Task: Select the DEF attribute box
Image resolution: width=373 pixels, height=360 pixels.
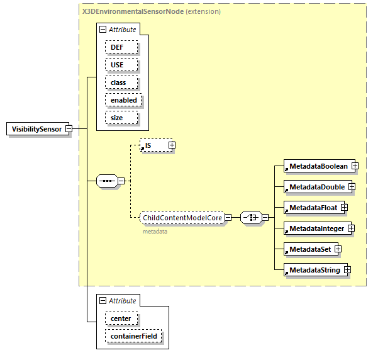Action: click(117, 47)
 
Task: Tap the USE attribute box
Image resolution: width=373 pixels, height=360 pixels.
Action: click(117, 65)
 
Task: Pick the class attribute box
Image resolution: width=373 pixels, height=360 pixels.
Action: click(118, 82)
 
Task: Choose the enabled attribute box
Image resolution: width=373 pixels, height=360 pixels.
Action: click(123, 100)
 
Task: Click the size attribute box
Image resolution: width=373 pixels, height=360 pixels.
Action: click(117, 118)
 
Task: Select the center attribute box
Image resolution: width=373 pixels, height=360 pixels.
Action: click(121, 318)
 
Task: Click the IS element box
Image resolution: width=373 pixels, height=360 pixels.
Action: click(152, 145)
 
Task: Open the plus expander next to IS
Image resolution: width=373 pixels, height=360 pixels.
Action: click(171, 145)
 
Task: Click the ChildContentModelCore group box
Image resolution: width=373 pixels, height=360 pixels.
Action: click(182, 218)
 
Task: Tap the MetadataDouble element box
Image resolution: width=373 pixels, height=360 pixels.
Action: click(316, 187)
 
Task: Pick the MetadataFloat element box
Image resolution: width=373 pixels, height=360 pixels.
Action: click(312, 208)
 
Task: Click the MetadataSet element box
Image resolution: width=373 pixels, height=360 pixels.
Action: click(309, 249)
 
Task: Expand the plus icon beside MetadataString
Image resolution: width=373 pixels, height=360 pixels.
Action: click(347, 270)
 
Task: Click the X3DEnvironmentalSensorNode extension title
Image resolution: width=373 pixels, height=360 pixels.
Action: click(151, 11)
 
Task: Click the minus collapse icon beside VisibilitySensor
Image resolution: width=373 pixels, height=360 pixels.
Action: click(69, 129)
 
